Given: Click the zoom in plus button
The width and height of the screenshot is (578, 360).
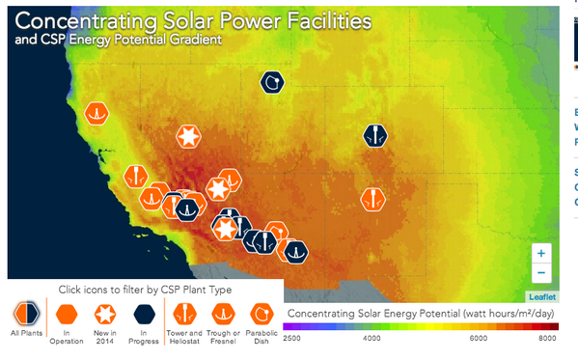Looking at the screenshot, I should coord(541,253).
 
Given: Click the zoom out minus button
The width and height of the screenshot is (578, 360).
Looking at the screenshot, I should coord(541,272).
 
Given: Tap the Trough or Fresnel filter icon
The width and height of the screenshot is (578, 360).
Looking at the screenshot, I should coord(223,313).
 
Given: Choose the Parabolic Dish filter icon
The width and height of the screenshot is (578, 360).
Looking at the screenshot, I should coord(261,313).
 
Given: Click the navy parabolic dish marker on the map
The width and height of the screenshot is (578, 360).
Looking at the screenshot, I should coord(274,83).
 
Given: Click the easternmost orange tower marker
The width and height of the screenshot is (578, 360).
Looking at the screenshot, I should coord(372,199).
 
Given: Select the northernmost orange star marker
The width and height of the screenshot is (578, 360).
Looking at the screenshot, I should coord(189,137).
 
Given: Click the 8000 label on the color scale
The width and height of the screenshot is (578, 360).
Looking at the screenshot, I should coord(547,339).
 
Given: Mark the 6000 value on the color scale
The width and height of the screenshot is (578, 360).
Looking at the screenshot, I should coord(479,339).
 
